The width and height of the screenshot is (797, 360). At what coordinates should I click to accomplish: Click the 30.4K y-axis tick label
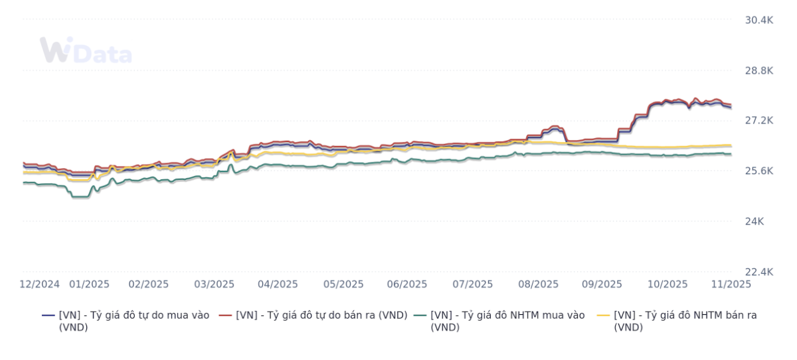pyautogui.click(x=758, y=20)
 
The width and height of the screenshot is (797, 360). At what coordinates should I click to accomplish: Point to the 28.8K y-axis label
pyautogui.click(x=758, y=70)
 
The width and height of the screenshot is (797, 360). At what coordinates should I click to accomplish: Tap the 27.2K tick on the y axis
pyautogui.click(x=758, y=121)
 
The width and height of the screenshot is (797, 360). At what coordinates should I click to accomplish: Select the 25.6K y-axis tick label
pyautogui.click(x=758, y=171)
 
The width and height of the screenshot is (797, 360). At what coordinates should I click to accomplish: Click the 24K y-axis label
pyautogui.click(x=754, y=221)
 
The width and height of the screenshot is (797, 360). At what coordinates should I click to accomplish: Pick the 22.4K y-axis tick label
pyautogui.click(x=758, y=272)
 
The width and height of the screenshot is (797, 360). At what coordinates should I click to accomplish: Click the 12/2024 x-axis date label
pyautogui.click(x=40, y=284)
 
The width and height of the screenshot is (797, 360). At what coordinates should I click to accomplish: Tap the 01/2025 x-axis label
pyautogui.click(x=90, y=284)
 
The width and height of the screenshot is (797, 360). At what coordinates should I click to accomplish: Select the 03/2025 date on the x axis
pyautogui.click(x=214, y=284)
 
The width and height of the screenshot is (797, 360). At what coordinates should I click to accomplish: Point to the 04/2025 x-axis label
pyautogui.click(x=278, y=284)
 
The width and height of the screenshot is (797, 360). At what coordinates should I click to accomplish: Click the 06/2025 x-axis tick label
pyautogui.click(x=406, y=284)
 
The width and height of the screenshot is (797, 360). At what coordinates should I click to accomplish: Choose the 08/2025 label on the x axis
pyautogui.click(x=538, y=284)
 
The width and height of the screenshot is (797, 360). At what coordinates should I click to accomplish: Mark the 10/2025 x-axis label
pyautogui.click(x=667, y=284)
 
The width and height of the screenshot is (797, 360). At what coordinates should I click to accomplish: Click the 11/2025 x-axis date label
pyautogui.click(x=731, y=284)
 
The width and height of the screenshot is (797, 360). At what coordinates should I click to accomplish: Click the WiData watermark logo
pyautogui.click(x=86, y=51)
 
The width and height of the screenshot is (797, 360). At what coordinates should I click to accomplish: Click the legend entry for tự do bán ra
pyautogui.click(x=321, y=315)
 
